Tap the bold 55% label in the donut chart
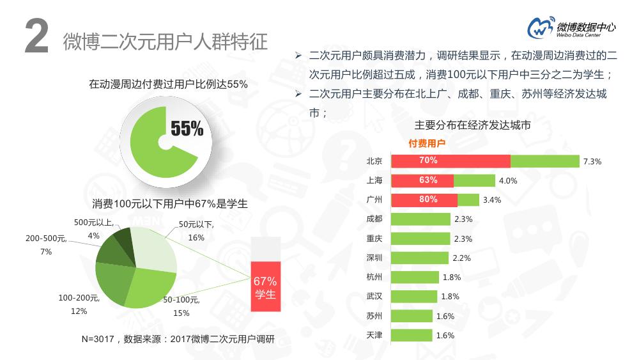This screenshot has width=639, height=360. (187, 129)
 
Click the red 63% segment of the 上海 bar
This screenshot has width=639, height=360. (422, 180)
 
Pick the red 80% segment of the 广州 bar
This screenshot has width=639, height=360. (424, 200)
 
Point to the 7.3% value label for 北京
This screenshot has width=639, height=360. (592, 162)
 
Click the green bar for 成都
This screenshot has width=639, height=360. (420, 219)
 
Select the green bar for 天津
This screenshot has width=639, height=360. (411, 335)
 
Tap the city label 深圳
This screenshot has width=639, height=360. (374, 258)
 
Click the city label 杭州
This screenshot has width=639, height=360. (374, 277)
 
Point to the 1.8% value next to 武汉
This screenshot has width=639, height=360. (450, 297)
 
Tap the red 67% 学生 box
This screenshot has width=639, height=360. (265, 287)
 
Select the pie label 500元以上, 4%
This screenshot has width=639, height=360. (94, 229)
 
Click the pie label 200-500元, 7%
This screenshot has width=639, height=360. (46, 245)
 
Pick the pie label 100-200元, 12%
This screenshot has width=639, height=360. (79, 304)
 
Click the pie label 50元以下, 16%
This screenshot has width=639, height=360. (196, 231)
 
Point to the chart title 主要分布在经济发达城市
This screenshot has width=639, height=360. (472, 125)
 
